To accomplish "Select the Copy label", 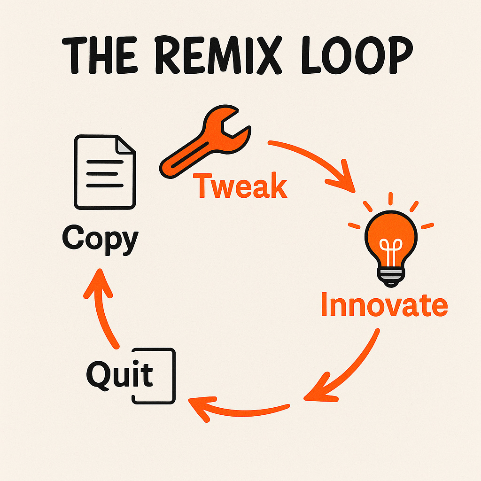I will click(100, 239).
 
